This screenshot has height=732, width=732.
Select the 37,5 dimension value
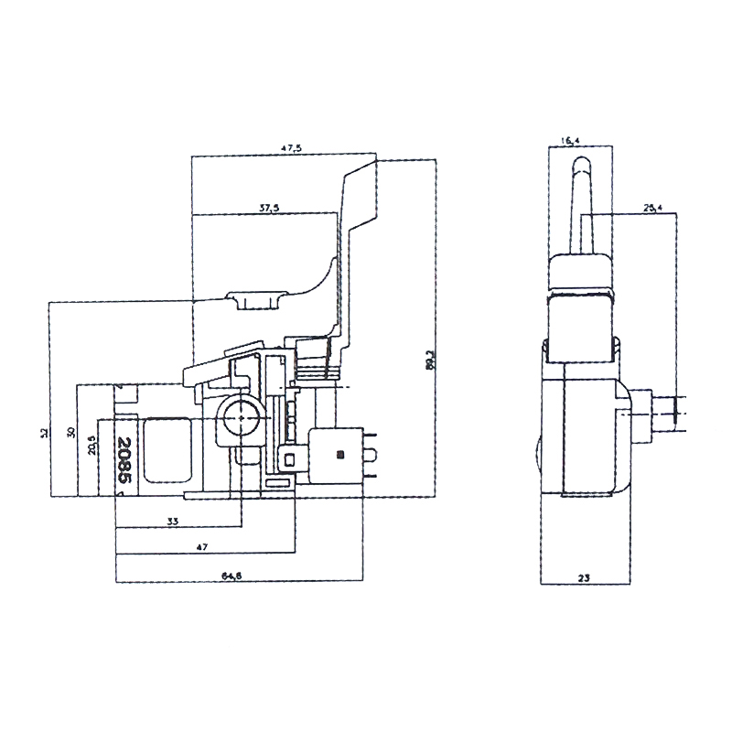point(268,209)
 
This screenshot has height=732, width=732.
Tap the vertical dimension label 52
point(44,433)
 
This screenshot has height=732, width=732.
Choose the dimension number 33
point(173,521)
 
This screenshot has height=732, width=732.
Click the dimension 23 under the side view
point(582,576)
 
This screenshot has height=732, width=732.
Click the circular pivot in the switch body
point(240,418)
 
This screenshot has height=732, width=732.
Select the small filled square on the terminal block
point(340,453)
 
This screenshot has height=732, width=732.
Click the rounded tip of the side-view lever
point(579,166)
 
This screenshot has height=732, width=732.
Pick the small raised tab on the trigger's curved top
point(257,299)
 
